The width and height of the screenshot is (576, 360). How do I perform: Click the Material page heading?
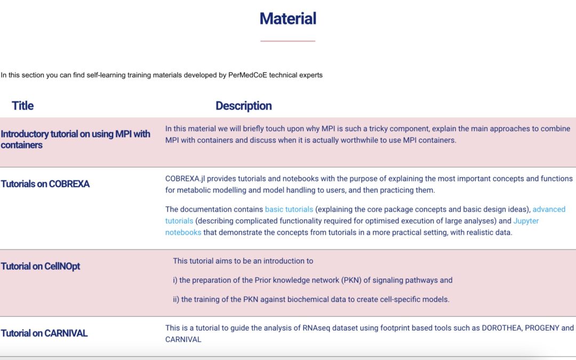(x=288, y=19)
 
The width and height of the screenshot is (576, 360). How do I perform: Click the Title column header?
(x=22, y=106)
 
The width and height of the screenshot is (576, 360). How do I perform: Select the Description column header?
(x=244, y=106)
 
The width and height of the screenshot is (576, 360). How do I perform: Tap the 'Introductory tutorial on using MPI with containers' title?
(x=75, y=139)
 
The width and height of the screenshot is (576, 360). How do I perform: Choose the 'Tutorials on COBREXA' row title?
(x=45, y=184)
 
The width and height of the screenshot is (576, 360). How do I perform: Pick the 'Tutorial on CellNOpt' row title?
(x=41, y=266)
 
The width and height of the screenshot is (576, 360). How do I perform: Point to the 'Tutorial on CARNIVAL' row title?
(x=44, y=333)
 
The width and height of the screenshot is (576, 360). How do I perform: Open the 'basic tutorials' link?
(x=289, y=209)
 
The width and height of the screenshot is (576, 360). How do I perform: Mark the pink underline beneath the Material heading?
(x=288, y=41)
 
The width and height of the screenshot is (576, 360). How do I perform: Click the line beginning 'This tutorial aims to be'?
(x=243, y=261)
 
